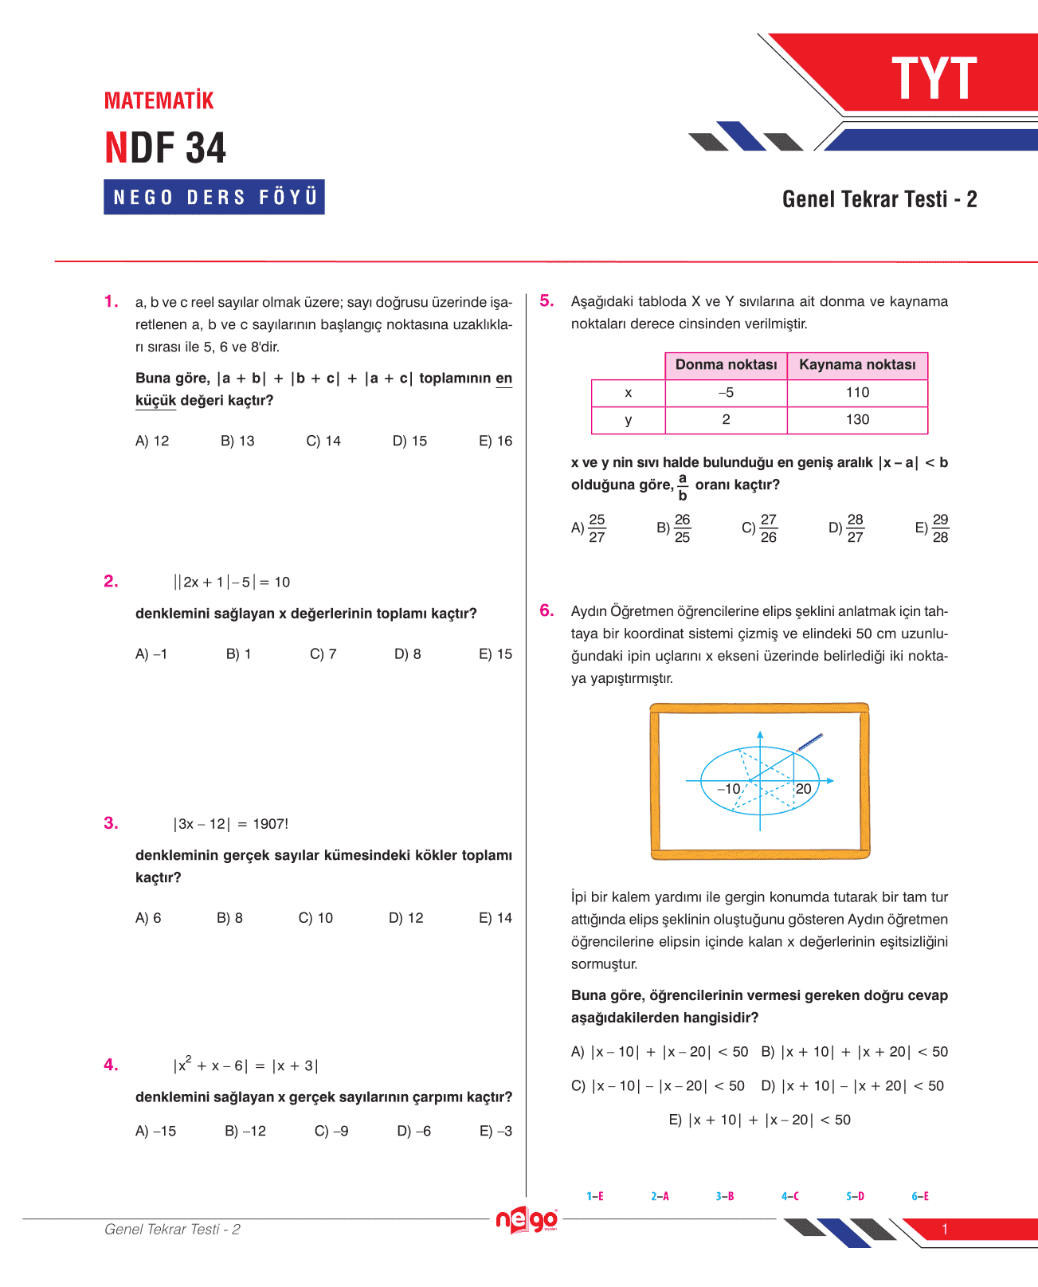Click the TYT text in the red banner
click(x=934, y=78)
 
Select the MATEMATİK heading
click(x=159, y=100)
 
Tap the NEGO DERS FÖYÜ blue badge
click(x=214, y=197)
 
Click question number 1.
click(x=112, y=301)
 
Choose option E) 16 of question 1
click(x=495, y=441)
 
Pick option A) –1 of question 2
click(x=151, y=653)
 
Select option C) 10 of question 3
click(x=315, y=918)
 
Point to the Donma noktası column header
click(x=726, y=365)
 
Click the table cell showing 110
click(x=857, y=392)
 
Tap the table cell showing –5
click(x=726, y=392)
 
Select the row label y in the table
click(x=629, y=420)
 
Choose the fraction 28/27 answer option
click(x=847, y=528)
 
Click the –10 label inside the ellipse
click(x=729, y=788)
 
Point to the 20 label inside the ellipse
click(x=803, y=788)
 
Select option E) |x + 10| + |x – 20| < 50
click(x=760, y=1120)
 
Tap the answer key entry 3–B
click(x=725, y=1196)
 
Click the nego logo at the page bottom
click(x=527, y=1220)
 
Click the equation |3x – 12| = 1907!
click(x=231, y=824)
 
